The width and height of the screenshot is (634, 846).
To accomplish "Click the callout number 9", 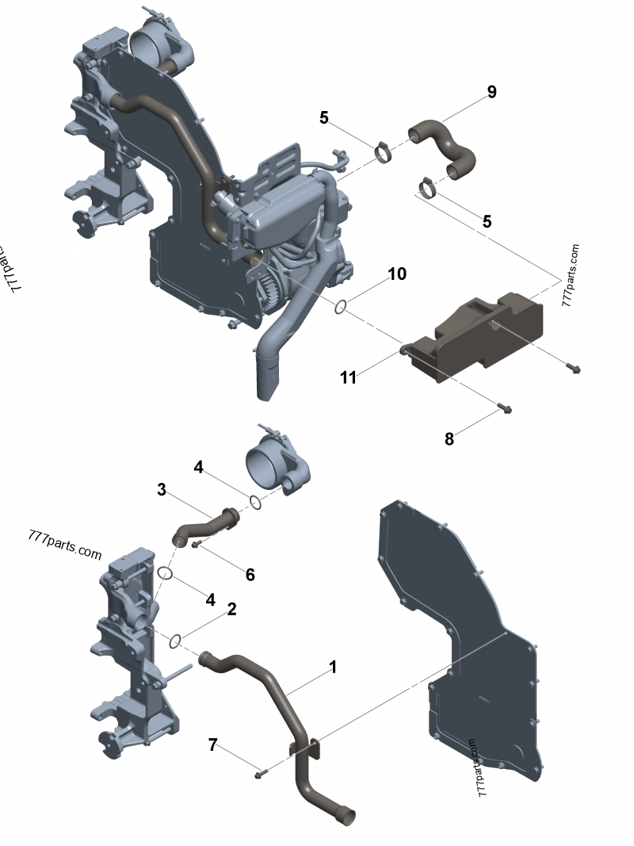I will (492, 92).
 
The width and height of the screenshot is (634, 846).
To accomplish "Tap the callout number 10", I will (397, 274).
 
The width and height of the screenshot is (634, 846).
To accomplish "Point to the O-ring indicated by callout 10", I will (340, 306).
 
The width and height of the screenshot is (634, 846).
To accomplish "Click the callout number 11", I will (349, 377).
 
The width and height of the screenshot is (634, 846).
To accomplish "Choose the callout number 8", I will (449, 438).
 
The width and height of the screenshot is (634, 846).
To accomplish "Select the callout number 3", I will (162, 490).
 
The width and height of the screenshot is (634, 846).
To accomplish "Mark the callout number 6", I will (250, 574).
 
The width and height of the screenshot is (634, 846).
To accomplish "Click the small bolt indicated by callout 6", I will (196, 545).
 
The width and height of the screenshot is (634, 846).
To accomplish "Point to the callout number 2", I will (231, 609).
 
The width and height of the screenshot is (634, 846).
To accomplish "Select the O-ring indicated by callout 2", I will (178, 639).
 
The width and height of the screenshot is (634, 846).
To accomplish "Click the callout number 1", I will (333, 668).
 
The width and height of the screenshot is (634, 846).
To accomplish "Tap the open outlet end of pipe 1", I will (346, 814).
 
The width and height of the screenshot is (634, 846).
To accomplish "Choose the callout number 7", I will (212, 745).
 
